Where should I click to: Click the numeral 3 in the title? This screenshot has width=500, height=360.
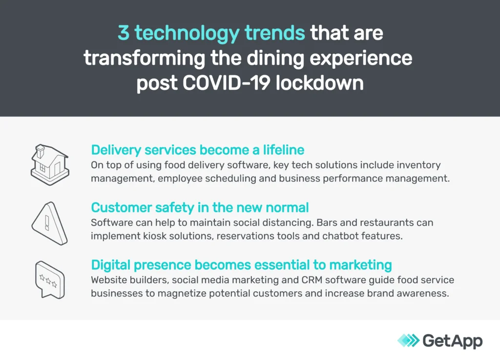[124, 33]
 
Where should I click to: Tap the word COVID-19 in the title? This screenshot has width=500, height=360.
[227, 83]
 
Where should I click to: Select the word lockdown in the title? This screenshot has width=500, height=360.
[319, 83]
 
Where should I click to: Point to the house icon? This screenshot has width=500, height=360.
[50, 165]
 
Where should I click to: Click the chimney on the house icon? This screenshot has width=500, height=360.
[40, 151]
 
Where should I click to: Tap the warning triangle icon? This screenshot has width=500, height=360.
[50, 223]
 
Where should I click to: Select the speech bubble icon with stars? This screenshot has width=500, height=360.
[50, 280]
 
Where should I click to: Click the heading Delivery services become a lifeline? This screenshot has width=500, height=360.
[198, 150]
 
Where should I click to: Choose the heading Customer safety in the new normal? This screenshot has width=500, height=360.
[200, 207]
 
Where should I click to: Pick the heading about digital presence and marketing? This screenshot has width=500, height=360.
[241, 265]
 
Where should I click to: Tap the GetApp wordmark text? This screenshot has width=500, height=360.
[453, 341]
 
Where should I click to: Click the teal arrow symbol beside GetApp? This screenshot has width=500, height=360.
[409, 340]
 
